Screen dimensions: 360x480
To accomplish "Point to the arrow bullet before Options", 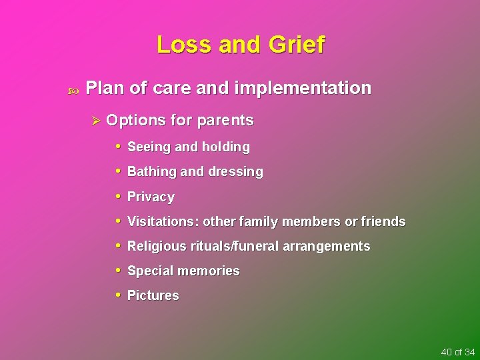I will pos(95,121).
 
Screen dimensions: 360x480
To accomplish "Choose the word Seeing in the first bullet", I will pos(148,147).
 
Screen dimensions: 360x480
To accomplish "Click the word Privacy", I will pos(151,197).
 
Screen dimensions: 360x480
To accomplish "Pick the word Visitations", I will pos(162,221).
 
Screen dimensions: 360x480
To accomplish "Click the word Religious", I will pos(157,247).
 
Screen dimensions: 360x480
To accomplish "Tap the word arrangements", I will pos(326,247).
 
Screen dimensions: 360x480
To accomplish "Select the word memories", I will pos(211,271).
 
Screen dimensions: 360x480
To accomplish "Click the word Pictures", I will pos(153,295).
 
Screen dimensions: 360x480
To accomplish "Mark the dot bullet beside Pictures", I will pos(117,295).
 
